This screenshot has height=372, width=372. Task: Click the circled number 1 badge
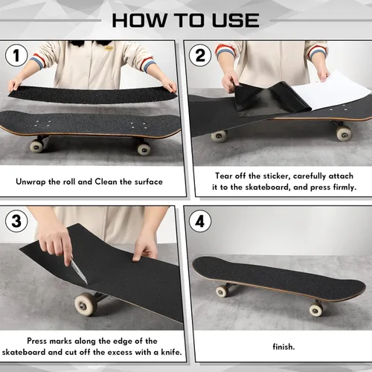click(16, 56)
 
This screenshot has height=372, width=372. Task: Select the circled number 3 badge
click(16, 221)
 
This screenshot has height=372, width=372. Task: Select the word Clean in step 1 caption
click(120, 181)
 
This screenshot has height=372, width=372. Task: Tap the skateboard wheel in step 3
click(86, 304)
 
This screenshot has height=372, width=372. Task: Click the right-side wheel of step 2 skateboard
click(343, 133)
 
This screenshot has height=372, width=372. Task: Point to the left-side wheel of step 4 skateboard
click(222, 291)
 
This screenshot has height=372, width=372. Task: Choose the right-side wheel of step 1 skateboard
click(144, 148)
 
